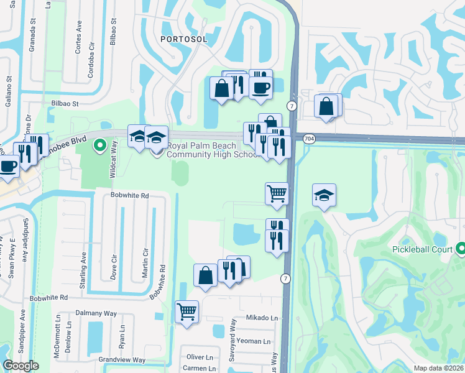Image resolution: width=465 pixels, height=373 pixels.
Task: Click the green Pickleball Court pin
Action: tap(461, 249)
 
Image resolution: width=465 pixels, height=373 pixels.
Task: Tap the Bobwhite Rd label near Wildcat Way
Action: tap(130, 195)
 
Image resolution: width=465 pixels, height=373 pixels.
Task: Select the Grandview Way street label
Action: tap(122, 360)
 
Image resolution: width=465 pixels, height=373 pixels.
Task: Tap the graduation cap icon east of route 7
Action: tap(324, 196)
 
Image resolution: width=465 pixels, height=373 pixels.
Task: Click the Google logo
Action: tap(21, 366)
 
